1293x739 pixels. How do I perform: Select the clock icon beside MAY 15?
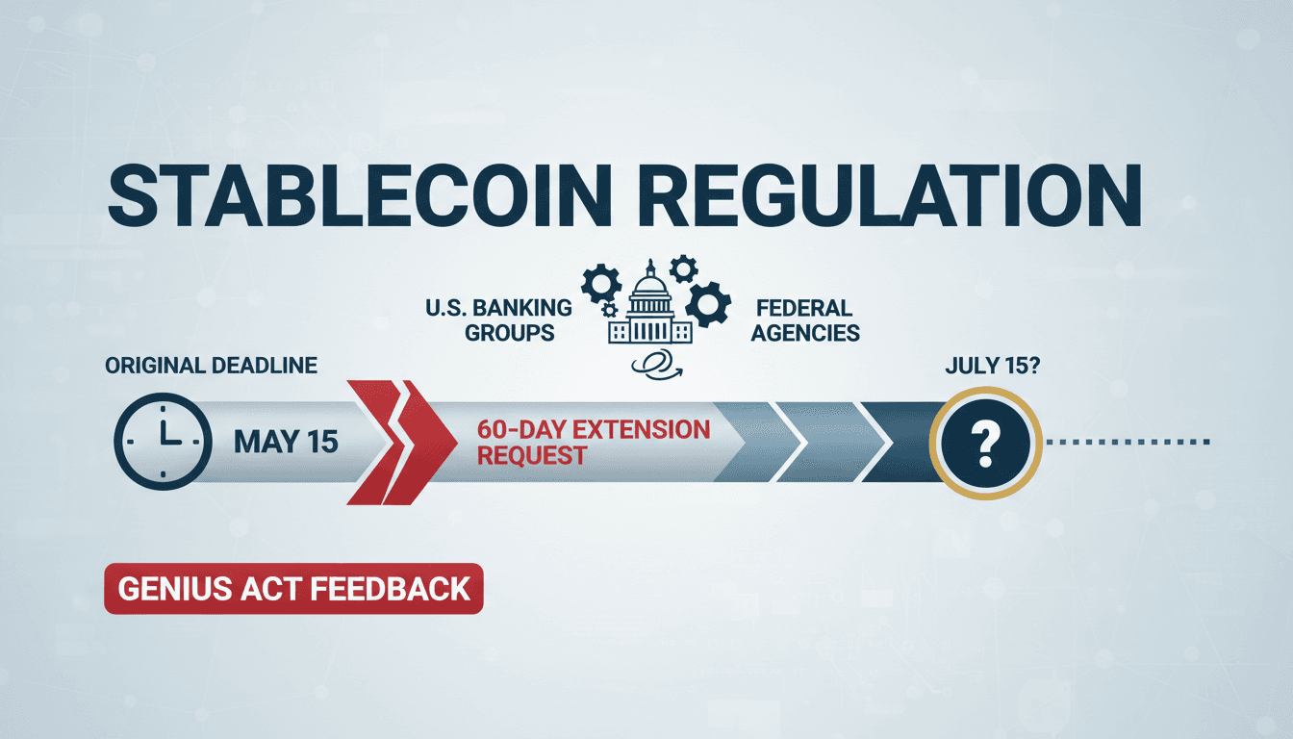pos(162,440)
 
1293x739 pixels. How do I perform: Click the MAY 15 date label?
pos(285,442)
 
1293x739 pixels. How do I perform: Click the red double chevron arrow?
pos(399,442)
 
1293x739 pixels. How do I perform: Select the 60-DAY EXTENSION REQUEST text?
pos(593,442)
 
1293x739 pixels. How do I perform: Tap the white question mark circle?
pos(981,443)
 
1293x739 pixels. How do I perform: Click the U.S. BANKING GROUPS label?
pos(497,320)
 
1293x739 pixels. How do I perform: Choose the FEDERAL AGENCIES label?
pos(805,320)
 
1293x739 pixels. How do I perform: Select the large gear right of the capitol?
pos(709,306)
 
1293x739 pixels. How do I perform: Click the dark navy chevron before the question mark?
pos(900,442)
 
